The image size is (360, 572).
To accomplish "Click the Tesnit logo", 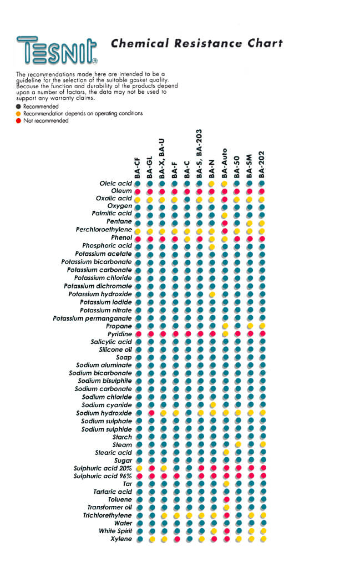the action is [57, 50].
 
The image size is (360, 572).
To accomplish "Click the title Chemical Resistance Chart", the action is [196, 43].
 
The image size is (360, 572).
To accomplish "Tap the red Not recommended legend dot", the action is [18, 121].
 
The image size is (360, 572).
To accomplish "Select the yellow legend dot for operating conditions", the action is [18, 113].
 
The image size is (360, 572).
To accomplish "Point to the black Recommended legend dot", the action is [18, 107].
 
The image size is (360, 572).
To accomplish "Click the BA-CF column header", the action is [137, 168].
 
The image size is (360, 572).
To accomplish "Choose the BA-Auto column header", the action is [224, 163].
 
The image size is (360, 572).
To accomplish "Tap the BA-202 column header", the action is [261, 165].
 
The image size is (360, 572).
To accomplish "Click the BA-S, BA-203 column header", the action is [199, 154].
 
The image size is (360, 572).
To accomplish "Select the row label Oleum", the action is [121, 191].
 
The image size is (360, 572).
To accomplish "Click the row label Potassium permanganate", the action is [92, 318].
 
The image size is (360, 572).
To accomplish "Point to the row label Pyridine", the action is [120, 334].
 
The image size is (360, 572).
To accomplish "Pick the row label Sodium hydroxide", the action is [104, 413].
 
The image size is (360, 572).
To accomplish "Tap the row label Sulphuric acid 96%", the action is [103, 476].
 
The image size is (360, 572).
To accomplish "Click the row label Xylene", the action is [121, 539].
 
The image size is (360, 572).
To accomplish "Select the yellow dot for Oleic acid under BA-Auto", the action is [224, 184].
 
